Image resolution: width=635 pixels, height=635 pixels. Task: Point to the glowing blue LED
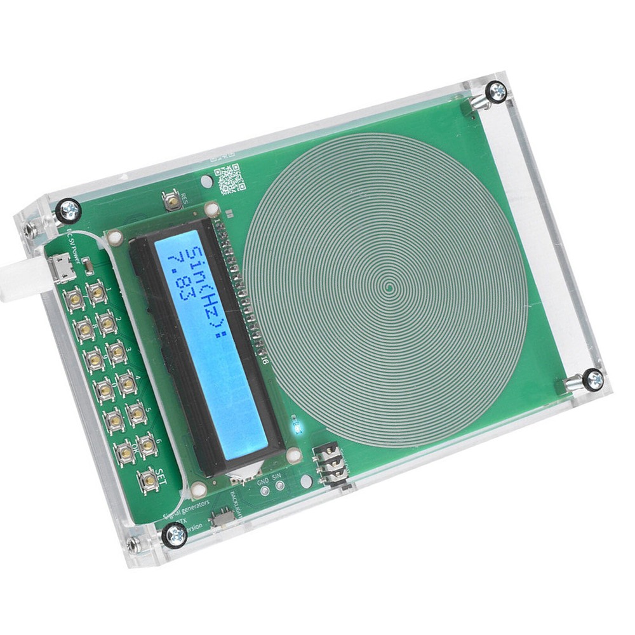(x=296, y=427)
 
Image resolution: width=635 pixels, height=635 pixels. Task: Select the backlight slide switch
(x=223, y=516)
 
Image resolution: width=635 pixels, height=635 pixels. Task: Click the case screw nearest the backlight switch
(x=175, y=535)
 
